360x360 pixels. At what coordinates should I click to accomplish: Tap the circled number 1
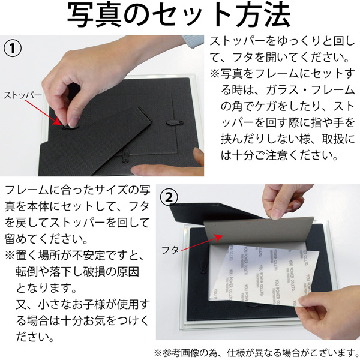[13, 49]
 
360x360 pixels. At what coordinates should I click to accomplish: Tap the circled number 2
[170, 196]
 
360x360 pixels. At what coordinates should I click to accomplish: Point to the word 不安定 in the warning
[99, 255]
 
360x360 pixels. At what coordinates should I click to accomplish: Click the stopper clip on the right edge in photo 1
[173, 122]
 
